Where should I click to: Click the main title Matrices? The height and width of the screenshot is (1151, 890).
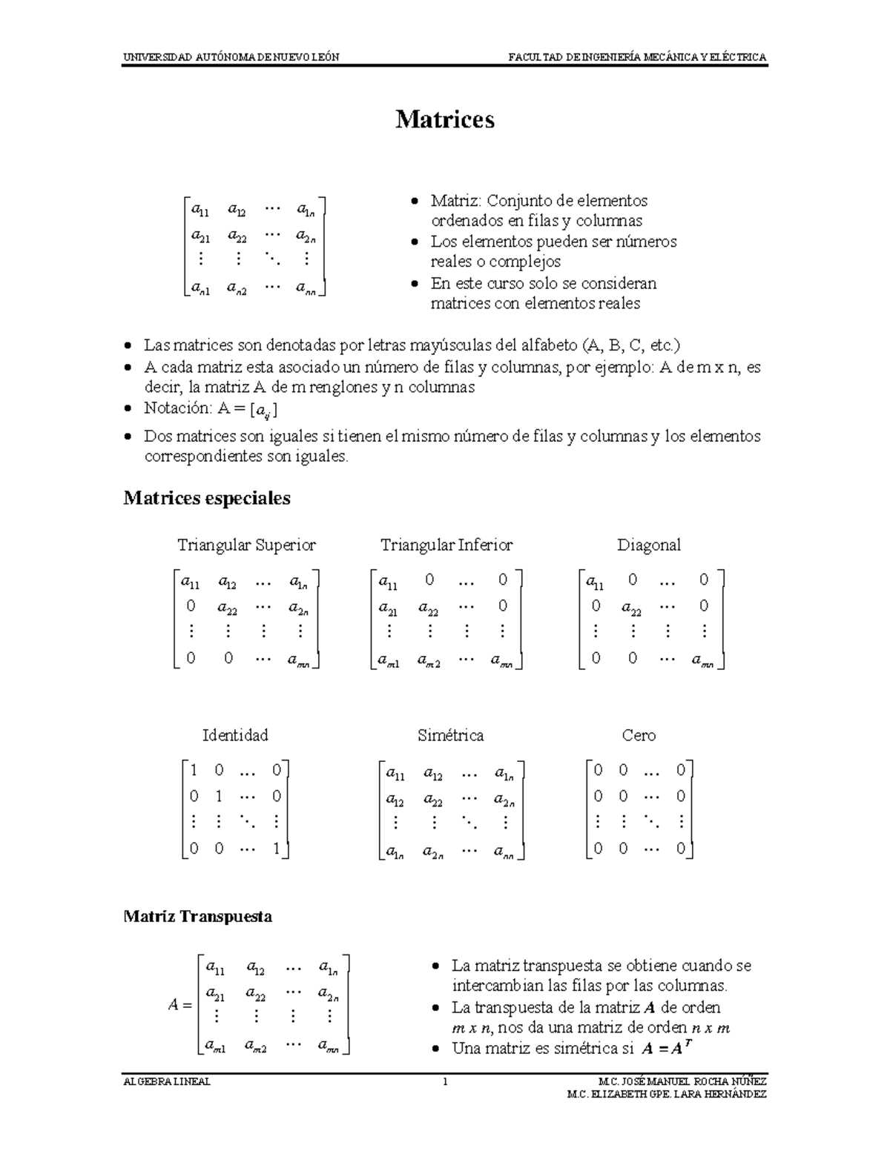pyautogui.click(x=444, y=119)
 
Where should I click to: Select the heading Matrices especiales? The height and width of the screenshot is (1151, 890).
pyautogui.click(x=206, y=498)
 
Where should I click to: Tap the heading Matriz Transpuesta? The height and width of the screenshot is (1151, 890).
pyautogui.click(x=197, y=916)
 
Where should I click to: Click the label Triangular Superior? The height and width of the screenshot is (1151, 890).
pyautogui.click(x=246, y=545)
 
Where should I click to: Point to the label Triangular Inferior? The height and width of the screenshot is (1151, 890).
pyautogui.click(x=446, y=545)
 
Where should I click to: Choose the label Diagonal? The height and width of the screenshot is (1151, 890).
pyautogui.click(x=648, y=545)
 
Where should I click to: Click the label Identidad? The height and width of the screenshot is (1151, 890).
pyautogui.click(x=235, y=735)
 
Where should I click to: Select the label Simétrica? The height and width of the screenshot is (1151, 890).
pyautogui.click(x=450, y=735)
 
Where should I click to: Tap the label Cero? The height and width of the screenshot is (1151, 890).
pyautogui.click(x=639, y=735)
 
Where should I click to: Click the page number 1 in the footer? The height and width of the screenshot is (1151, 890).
pyautogui.click(x=445, y=1081)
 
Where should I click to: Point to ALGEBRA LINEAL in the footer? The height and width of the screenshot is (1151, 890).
pyautogui.click(x=167, y=1081)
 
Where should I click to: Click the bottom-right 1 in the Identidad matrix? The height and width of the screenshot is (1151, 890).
pyautogui.click(x=276, y=849)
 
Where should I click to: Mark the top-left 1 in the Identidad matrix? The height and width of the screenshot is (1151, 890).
pyautogui.click(x=194, y=770)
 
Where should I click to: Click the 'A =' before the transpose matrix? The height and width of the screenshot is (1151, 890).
pyautogui.click(x=179, y=1006)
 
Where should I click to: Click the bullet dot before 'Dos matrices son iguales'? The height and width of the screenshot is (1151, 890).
pyautogui.click(x=129, y=437)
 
